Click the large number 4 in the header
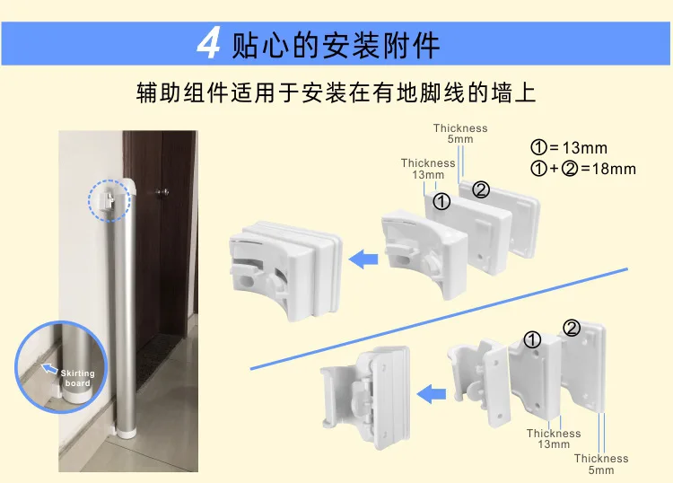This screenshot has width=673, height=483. [208, 43]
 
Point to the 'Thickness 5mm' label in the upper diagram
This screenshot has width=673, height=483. [460, 134]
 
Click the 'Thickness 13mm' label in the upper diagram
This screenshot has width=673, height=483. [428, 169]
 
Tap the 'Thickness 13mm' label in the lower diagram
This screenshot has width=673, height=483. [554, 438]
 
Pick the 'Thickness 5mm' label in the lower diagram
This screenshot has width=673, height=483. [601, 464]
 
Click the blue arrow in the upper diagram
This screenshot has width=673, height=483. [363, 260]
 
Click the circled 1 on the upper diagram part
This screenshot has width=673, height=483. [441, 202]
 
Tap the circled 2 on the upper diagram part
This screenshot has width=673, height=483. [481, 189]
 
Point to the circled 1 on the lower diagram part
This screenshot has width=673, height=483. [532, 339]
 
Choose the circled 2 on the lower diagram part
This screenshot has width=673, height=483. [572, 328]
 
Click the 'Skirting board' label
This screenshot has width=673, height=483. [78, 378]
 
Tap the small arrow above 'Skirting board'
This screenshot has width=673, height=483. [50, 368]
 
